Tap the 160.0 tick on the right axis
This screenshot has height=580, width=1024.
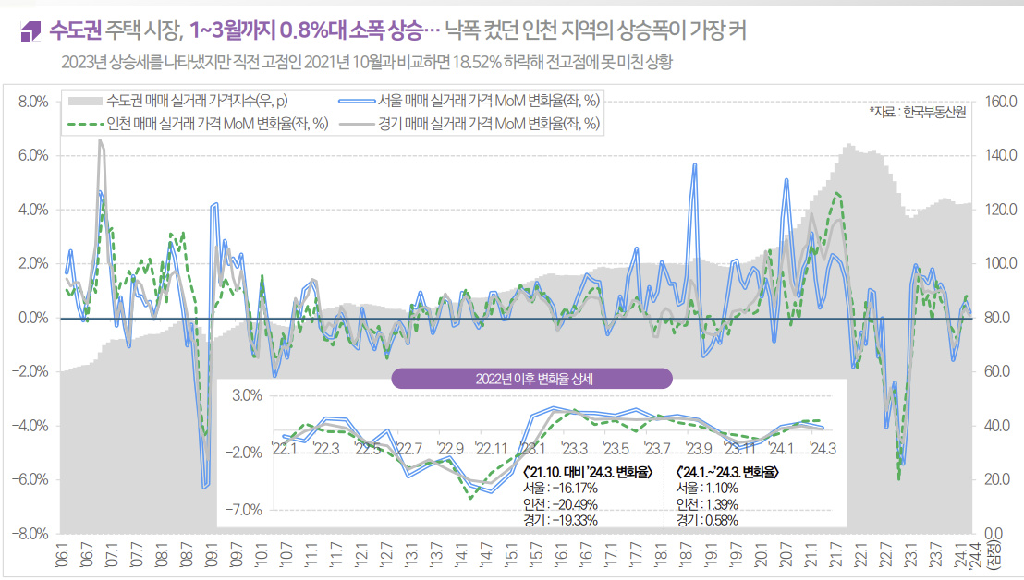pyautogui.click(x=1001, y=101)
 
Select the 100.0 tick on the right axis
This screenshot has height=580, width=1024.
pyautogui.click(x=1001, y=263)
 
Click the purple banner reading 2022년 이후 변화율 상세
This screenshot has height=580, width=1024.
pyautogui.click(x=531, y=378)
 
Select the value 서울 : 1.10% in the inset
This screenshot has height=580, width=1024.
pyautogui.click(x=707, y=488)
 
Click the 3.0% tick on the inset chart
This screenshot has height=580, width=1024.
pyautogui.click(x=248, y=395)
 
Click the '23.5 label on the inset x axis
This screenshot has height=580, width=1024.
pyautogui.click(x=616, y=449)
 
